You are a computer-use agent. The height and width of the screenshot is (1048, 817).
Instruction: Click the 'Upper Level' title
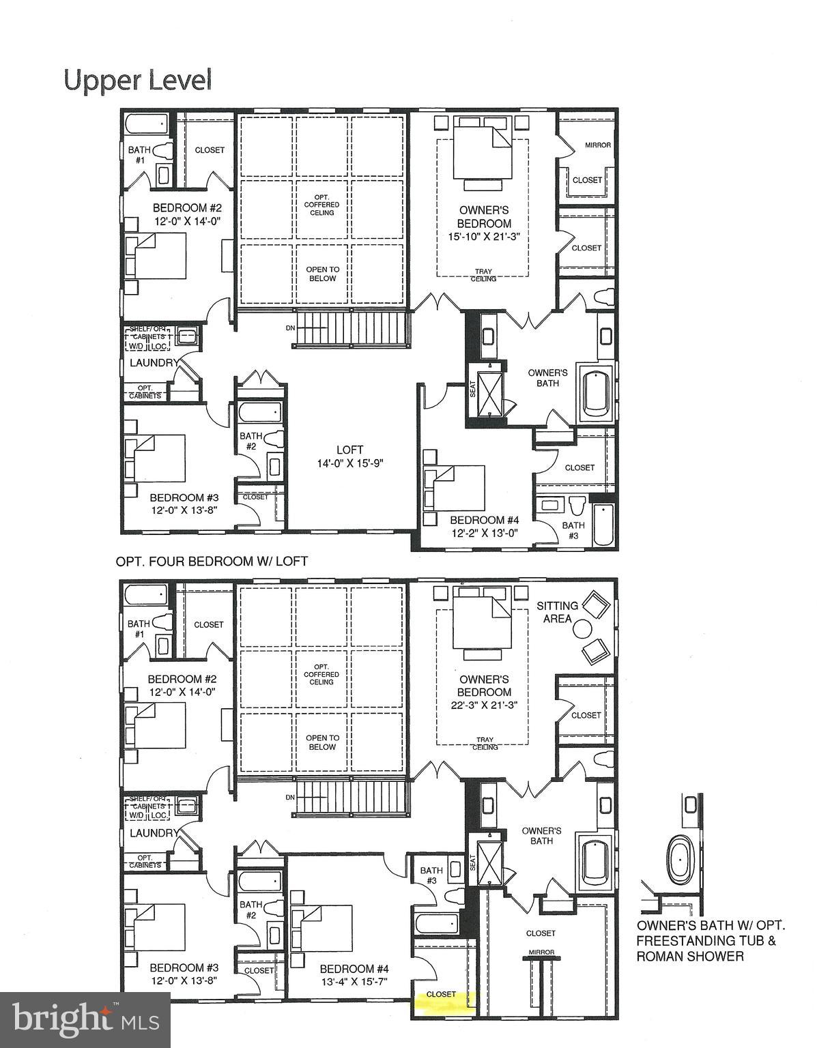138,80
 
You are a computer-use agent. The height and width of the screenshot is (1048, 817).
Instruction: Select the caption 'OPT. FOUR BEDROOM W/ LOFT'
212,562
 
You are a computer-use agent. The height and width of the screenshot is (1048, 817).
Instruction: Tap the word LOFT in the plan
349,450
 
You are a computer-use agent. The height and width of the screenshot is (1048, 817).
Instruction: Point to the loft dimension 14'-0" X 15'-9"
349,463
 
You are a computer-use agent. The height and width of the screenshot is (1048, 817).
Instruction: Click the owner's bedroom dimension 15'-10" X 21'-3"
484,237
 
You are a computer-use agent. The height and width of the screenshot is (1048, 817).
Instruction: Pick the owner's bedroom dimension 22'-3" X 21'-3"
484,705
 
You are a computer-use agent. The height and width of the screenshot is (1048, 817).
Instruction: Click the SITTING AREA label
557,612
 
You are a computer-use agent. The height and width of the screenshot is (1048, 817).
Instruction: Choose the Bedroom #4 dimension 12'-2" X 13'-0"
485,534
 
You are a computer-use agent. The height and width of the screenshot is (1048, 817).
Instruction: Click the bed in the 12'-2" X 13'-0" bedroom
456,487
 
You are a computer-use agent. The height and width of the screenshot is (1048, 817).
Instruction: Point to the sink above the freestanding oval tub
691,804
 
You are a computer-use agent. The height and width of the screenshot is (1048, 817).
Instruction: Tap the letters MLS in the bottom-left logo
141,1021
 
